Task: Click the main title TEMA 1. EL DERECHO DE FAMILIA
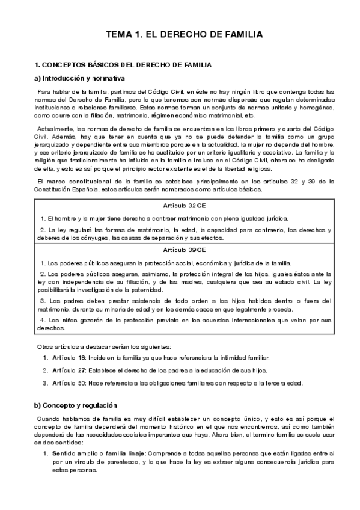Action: tap(180, 35)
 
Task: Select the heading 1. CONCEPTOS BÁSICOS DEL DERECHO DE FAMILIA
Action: tap(123, 64)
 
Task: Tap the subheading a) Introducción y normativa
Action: tap(79, 78)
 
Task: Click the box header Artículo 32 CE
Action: tap(180, 206)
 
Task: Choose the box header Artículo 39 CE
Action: tap(180, 249)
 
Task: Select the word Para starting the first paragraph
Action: tap(44, 91)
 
